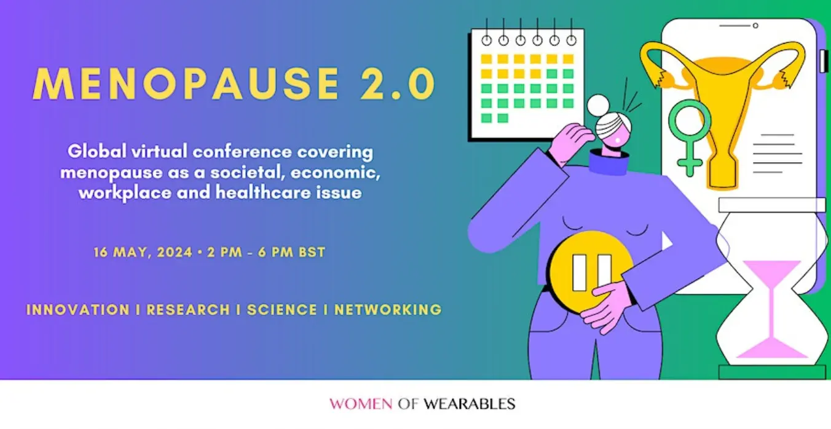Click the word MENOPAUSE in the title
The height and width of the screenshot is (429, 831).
186,84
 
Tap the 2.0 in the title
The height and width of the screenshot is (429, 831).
398,84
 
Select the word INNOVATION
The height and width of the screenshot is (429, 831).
78,310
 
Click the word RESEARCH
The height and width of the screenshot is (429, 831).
188,310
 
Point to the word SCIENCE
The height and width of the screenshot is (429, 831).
282,310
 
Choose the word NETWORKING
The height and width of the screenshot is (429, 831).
388,310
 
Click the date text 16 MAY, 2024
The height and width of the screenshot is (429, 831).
143,253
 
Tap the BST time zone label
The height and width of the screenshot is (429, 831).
312,252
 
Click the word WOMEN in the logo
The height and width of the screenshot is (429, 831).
361,404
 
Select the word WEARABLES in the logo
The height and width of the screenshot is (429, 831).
470,404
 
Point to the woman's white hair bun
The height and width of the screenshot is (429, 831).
598,105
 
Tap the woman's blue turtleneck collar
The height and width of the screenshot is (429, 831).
608,162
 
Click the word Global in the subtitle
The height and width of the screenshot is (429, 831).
97,152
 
